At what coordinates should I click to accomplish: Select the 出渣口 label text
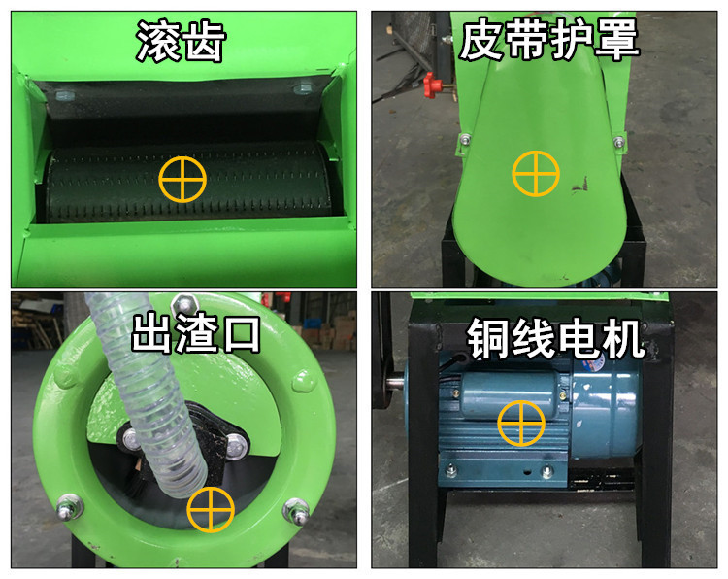click(197, 333)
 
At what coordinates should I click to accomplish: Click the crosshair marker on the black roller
click(183, 177)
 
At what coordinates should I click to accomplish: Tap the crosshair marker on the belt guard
click(536, 175)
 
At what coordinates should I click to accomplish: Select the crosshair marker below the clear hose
click(211, 509)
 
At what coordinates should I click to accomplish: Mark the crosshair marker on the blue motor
click(521, 424)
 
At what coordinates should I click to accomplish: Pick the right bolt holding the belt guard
click(616, 143)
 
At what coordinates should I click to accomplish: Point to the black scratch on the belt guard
click(585, 182)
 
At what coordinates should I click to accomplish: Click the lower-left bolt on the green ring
click(67, 506)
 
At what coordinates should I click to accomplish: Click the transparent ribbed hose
click(147, 408)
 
